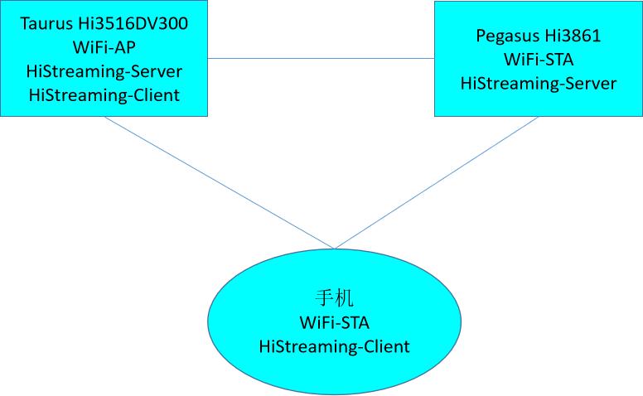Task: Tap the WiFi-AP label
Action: (104, 47)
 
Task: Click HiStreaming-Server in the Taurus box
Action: (104, 71)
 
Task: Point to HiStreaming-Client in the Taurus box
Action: (104, 95)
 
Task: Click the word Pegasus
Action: (505, 36)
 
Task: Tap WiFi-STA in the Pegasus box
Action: (539, 60)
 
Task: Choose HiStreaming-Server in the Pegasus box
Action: (539, 84)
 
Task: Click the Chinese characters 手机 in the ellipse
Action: (335, 297)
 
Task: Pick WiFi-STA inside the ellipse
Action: (335, 321)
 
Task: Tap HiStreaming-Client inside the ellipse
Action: (335, 345)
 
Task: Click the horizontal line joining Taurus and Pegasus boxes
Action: (321, 59)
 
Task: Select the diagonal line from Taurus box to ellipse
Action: (220, 181)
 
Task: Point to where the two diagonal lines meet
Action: (334, 248)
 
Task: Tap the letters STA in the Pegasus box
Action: (558, 60)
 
